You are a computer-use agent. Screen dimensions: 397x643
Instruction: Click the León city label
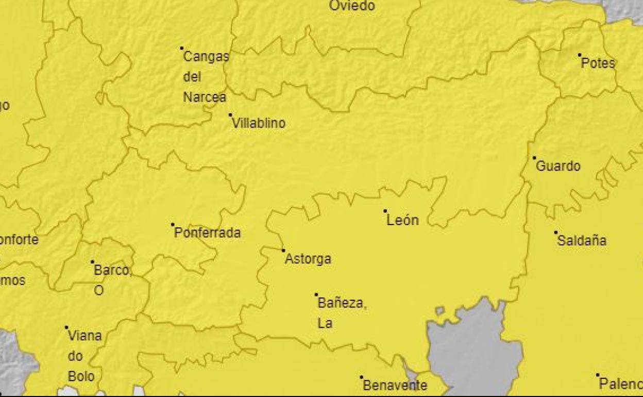(402, 221)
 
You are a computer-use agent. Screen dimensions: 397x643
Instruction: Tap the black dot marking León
(385, 211)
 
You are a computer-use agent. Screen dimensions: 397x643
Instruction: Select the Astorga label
(308, 259)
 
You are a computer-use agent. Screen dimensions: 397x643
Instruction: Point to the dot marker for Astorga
(283, 251)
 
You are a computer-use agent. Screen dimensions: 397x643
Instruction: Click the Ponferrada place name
(207, 233)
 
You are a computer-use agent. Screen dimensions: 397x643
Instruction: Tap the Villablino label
(259, 124)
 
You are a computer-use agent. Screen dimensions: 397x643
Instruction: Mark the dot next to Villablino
(230, 115)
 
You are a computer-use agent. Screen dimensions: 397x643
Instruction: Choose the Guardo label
(558, 167)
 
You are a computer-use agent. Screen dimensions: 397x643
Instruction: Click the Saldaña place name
(582, 241)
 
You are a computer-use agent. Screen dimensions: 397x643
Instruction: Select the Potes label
(598, 63)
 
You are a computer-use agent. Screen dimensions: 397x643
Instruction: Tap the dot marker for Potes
(580, 55)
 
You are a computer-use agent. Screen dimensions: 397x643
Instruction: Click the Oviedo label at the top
(352, 6)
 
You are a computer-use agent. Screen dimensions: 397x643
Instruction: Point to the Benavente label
(395, 385)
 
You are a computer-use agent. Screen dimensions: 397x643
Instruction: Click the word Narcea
(204, 97)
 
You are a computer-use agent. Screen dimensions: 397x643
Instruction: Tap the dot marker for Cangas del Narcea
(182, 48)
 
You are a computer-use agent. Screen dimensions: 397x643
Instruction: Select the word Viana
(85, 336)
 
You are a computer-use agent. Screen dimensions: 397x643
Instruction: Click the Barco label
(112, 271)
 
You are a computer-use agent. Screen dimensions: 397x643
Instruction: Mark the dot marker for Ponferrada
(173, 224)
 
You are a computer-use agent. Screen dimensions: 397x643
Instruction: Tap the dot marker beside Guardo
(534, 158)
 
